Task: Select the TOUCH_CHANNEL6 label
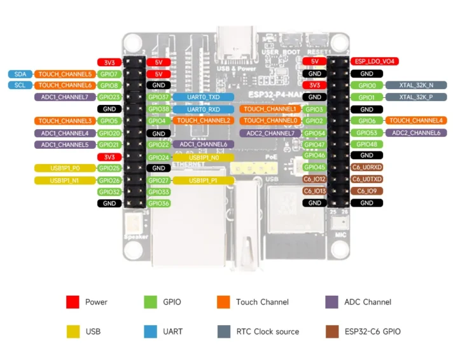65,85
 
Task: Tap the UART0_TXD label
204,97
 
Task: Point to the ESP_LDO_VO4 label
375,62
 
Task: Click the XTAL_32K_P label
416,97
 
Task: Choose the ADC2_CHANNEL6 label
416,133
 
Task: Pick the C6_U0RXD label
367,168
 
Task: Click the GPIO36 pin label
158,204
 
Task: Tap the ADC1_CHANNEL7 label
65,97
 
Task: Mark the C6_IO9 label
367,191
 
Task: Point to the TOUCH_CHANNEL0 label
270,121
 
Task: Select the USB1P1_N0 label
204,157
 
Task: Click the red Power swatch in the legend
73,302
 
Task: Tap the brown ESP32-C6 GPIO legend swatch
331,331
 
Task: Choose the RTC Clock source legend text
267,331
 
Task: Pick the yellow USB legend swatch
73,331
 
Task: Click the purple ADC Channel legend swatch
331,302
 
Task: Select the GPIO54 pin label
314,133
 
